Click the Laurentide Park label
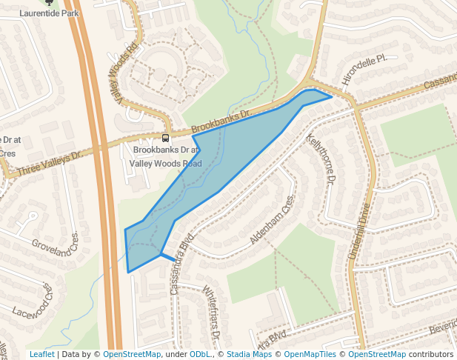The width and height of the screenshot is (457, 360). (49, 13)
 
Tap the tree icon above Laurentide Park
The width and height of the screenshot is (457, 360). (50, 2)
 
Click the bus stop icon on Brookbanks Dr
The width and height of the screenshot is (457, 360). (165, 137)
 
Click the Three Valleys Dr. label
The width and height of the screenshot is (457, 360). (48, 164)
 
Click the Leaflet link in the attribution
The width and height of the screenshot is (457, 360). (41, 354)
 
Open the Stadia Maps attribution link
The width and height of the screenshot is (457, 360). (249, 354)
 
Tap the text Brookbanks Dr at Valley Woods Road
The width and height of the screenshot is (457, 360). (164, 156)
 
